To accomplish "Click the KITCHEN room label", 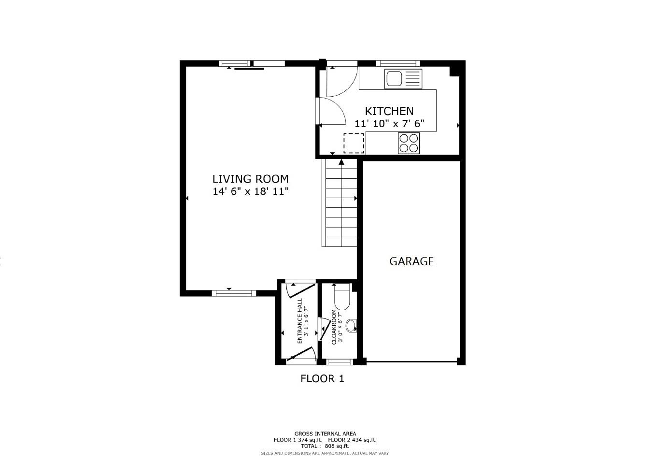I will click(389, 111).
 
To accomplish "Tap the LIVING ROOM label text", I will click(250, 179).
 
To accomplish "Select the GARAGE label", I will click(411, 261).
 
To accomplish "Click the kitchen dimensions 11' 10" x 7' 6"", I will click(389, 124).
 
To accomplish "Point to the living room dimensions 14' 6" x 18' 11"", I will click(250, 191).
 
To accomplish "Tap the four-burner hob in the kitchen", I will click(409, 143).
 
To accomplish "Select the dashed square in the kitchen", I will click(354, 143).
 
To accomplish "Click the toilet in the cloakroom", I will click(342, 297).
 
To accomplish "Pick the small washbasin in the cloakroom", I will click(352, 326).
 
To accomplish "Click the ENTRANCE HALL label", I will click(299, 321).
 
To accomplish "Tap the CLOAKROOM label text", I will click(334, 327).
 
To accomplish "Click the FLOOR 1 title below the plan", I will click(322, 378).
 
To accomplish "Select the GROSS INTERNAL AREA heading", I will click(325, 433).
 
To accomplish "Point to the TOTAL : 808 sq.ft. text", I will click(325, 446).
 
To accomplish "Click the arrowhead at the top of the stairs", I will click(341, 162).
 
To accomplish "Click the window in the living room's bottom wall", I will click(234, 293).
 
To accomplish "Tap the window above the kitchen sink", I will click(397, 63).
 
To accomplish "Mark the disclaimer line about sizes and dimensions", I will click(325, 453).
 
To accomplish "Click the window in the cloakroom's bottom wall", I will click(339, 362).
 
